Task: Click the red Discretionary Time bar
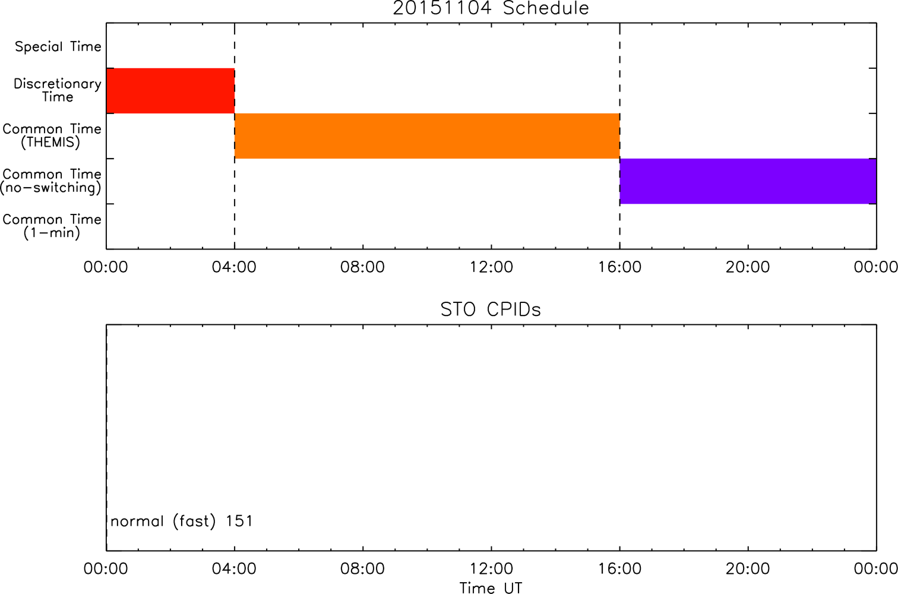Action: (x=170, y=91)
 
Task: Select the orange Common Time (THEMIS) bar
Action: (x=427, y=136)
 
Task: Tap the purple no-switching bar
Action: (x=748, y=181)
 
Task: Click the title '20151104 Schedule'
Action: (x=491, y=8)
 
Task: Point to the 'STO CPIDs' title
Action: (x=491, y=309)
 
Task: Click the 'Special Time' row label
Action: (x=58, y=46)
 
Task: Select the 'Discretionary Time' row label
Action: (x=58, y=90)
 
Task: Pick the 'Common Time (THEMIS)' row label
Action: (x=52, y=135)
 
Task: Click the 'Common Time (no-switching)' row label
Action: (x=51, y=181)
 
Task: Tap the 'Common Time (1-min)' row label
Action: (x=52, y=226)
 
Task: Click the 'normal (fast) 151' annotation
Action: (x=182, y=522)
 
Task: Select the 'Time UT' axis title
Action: (x=491, y=587)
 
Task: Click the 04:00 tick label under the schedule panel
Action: (x=234, y=267)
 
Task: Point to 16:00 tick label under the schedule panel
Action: (x=620, y=267)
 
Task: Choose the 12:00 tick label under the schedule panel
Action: (x=491, y=267)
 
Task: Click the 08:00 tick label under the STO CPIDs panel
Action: (x=362, y=568)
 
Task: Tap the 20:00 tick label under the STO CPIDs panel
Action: (x=748, y=568)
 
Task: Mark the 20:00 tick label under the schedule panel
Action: (x=748, y=267)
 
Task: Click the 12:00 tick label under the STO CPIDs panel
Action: (x=491, y=568)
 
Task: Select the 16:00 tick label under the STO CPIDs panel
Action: (x=620, y=568)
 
